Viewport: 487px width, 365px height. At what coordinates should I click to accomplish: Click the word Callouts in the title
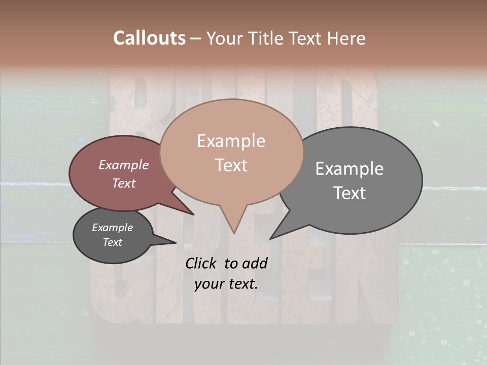pyautogui.click(x=149, y=39)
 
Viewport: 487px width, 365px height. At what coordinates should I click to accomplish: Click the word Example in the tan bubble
pyautogui.click(x=231, y=141)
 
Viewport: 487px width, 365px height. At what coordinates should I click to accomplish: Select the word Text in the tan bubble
pyautogui.click(x=231, y=165)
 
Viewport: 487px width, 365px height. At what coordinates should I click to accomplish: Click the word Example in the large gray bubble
pyautogui.click(x=350, y=169)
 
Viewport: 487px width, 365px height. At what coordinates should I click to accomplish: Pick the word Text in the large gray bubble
pyautogui.click(x=350, y=193)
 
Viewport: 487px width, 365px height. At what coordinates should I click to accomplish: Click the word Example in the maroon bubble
pyautogui.click(x=124, y=165)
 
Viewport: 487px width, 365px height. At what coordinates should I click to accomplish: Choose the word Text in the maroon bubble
pyautogui.click(x=124, y=183)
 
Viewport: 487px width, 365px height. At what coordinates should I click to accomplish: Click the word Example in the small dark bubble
pyautogui.click(x=112, y=228)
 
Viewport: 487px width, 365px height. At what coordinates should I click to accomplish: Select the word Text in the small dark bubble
pyautogui.click(x=112, y=242)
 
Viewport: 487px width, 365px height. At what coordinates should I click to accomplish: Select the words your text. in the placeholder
pyautogui.click(x=226, y=284)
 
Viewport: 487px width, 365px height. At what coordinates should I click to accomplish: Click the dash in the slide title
pyautogui.click(x=196, y=39)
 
